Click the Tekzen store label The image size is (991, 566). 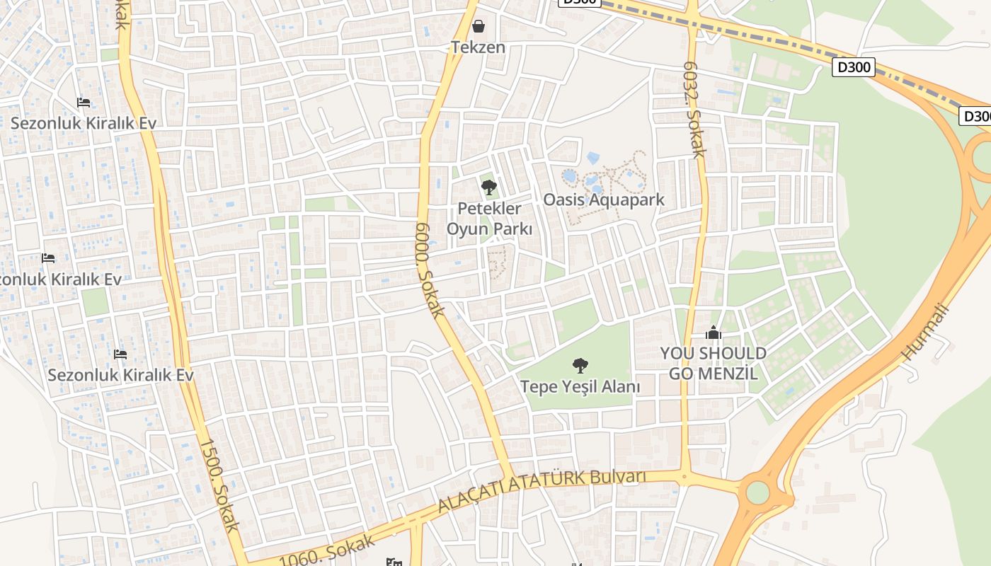(479, 47)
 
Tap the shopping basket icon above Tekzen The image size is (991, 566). (479, 27)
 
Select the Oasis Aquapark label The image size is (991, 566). (604, 200)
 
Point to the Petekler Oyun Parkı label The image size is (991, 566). (489, 219)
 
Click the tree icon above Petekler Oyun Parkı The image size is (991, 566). (488, 187)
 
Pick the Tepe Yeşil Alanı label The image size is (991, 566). (580, 387)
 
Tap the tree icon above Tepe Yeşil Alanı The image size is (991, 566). (580, 366)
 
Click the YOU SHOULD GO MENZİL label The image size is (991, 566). (714, 363)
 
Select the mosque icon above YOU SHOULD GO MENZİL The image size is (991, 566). (714, 333)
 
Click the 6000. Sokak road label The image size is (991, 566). (430, 270)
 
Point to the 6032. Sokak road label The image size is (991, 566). (694, 109)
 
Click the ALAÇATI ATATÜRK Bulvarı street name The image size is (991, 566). (542, 490)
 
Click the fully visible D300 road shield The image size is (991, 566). (853, 67)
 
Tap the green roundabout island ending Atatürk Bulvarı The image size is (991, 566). (757, 492)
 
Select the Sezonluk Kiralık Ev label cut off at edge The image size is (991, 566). (60, 279)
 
